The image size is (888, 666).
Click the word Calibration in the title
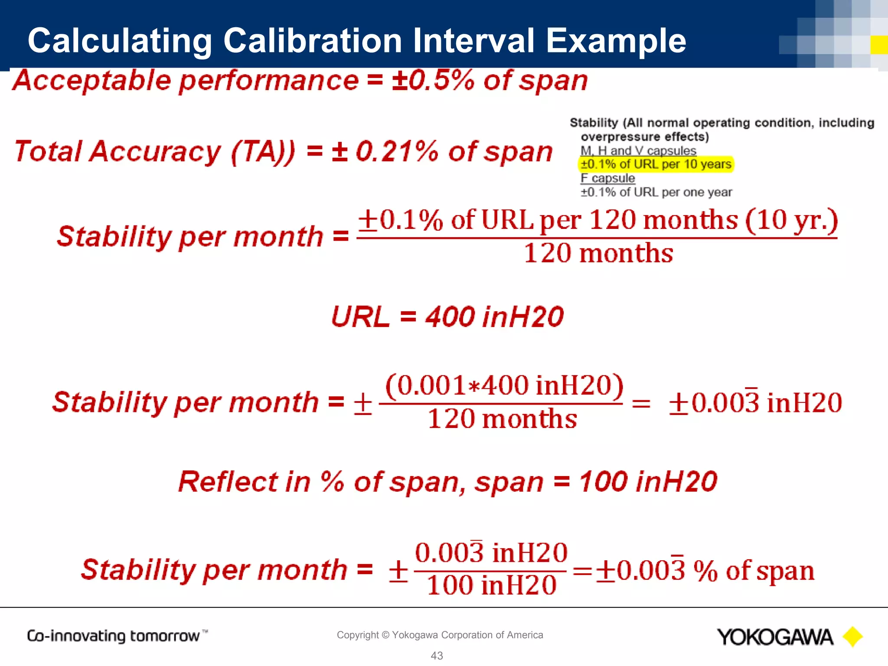(x=313, y=41)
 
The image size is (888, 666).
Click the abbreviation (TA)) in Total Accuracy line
(x=263, y=152)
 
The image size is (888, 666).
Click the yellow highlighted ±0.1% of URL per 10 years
(x=656, y=164)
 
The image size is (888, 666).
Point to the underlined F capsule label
(x=607, y=178)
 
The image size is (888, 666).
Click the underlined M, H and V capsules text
(x=638, y=150)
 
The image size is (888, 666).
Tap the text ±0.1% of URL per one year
(x=656, y=192)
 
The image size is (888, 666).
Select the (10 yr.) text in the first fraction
(x=791, y=220)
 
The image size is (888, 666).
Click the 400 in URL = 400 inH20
(x=450, y=317)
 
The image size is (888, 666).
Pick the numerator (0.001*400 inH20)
(x=504, y=385)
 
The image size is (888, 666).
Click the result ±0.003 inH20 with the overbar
(x=755, y=403)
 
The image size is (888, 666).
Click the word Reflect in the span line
(x=228, y=482)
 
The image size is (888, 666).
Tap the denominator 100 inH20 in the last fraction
(x=491, y=585)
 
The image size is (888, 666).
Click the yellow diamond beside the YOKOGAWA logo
(x=852, y=637)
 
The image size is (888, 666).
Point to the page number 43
(x=437, y=656)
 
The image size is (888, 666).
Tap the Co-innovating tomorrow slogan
(x=114, y=636)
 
